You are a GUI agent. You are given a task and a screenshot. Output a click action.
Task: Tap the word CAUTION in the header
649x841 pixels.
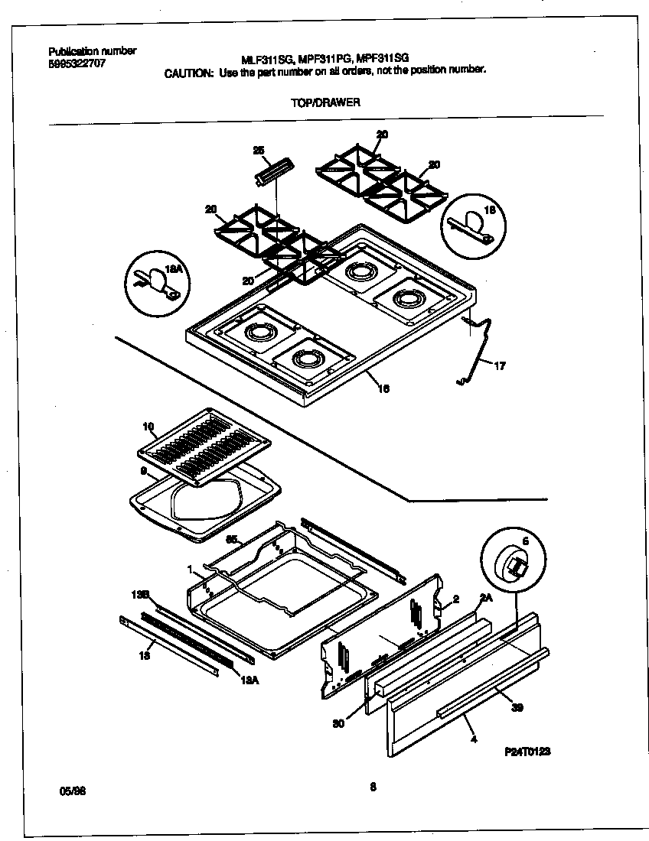(189, 70)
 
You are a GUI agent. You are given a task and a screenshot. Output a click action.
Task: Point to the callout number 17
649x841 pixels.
(500, 366)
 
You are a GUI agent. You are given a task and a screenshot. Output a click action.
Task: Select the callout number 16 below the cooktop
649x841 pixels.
(385, 388)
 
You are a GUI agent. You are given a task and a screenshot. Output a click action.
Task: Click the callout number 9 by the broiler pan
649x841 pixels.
(143, 472)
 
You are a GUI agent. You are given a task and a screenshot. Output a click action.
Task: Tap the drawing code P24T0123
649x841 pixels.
(528, 752)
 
